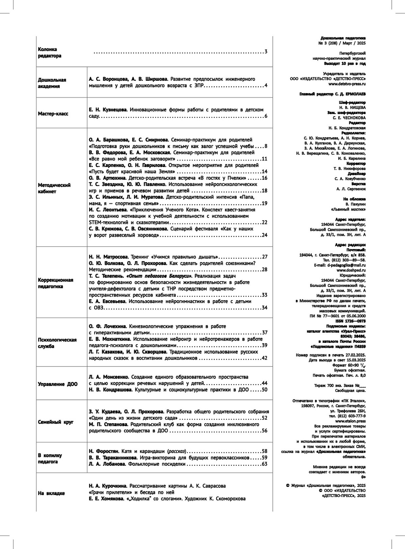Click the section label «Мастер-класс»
[53, 114]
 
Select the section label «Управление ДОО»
[57, 384]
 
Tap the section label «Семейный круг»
[55, 422]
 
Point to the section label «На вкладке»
[51, 493]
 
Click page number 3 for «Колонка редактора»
[266, 52]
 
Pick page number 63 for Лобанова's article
[264, 464]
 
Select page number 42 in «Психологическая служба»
[264, 358]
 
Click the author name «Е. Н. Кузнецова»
[108, 110]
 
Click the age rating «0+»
[363, 477]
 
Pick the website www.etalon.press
[350, 421]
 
